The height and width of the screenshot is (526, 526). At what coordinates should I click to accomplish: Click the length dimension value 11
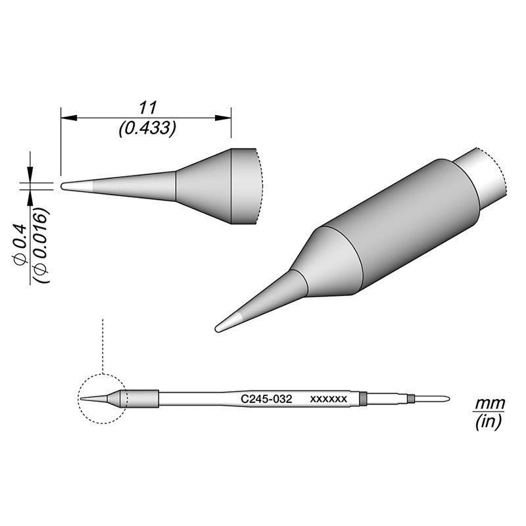pos(146,107)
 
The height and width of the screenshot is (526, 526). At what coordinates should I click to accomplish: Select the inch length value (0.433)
pos(146,130)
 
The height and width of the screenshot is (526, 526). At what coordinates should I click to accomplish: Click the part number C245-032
pos(262,398)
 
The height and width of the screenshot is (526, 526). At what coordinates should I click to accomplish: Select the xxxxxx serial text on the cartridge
pos(328,398)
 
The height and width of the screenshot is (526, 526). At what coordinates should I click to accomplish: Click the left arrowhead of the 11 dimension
pos(66,118)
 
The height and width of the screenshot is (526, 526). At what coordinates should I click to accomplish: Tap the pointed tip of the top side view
pos(64,187)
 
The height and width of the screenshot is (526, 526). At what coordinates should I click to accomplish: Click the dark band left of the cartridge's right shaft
pos(363,398)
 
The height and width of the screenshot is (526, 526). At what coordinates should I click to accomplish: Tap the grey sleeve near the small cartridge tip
pos(140,398)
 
